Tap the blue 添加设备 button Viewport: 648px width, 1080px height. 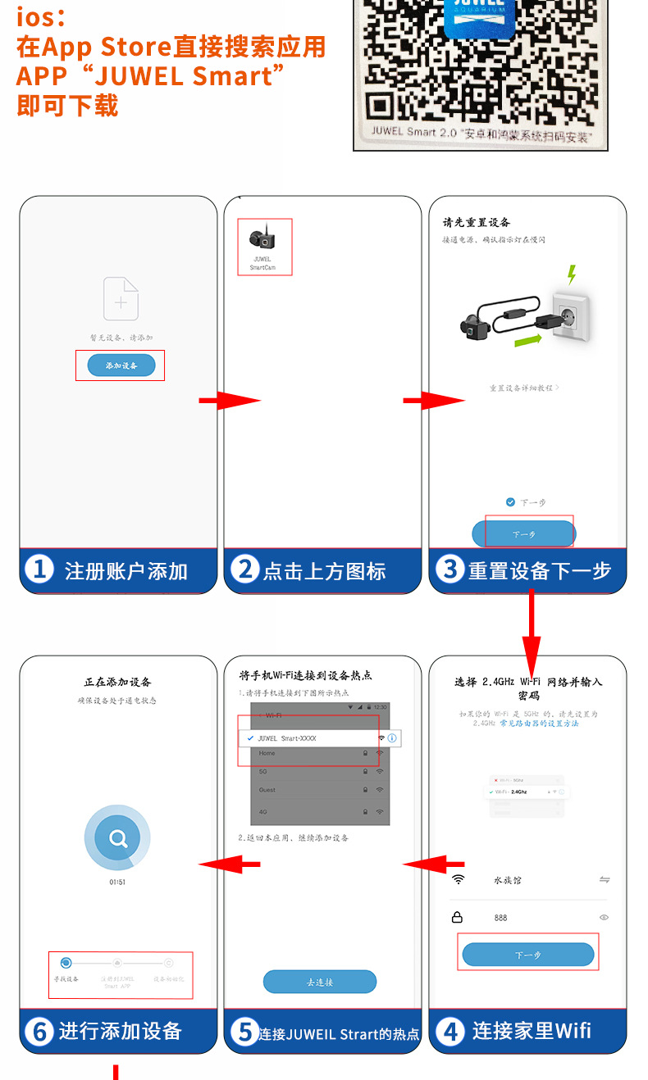click(x=121, y=365)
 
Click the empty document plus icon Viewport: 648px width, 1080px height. click(x=121, y=298)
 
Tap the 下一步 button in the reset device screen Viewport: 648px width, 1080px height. click(x=523, y=533)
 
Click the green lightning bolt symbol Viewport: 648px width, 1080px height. click(x=572, y=274)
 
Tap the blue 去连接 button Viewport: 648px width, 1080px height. click(x=319, y=982)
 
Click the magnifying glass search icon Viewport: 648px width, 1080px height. click(x=118, y=838)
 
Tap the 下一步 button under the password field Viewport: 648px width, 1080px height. click(x=527, y=955)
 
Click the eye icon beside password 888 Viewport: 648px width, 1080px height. click(x=605, y=918)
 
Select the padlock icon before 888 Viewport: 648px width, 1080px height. click(x=458, y=918)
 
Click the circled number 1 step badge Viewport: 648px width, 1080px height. click(x=39, y=569)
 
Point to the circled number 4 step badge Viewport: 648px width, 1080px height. click(x=449, y=1031)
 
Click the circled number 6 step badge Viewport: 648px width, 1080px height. click(x=39, y=1031)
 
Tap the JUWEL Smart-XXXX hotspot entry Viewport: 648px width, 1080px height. click(x=287, y=738)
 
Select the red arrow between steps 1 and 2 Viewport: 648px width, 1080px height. click(x=229, y=401)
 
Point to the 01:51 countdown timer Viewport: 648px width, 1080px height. click(x=118, y=882)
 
